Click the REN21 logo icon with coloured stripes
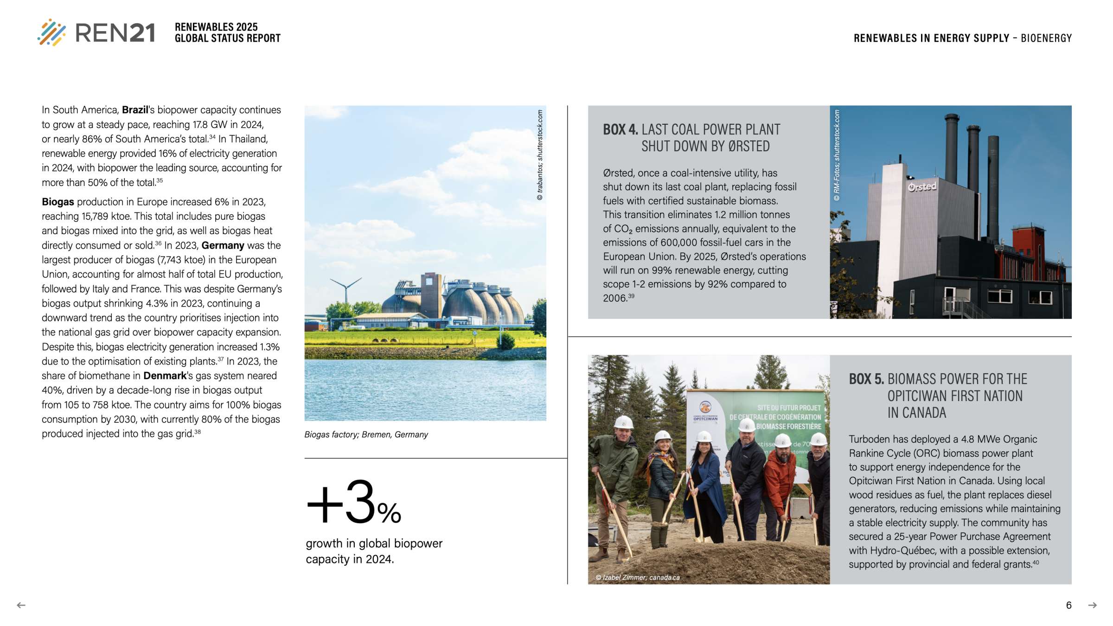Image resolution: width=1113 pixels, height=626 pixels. pos(51,32)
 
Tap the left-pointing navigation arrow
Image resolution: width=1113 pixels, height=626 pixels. pos(21,605)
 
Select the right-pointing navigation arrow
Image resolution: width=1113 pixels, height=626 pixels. pos(1093,605)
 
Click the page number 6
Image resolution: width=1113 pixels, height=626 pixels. pos(1068,605)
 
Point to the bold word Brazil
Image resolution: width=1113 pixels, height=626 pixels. pos(135,110)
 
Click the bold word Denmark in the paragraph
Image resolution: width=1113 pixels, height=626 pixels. pos(165,376)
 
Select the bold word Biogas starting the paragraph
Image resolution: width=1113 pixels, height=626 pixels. pos(58,202)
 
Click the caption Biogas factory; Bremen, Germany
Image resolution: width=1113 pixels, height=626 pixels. pos(366,434)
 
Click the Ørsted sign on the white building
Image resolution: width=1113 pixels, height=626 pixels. pos(922,187)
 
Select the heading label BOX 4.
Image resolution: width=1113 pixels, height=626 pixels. pos(620,129)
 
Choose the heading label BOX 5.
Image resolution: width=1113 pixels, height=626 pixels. pos(866,379)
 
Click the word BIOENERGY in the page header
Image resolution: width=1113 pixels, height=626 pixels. pos(1046,38)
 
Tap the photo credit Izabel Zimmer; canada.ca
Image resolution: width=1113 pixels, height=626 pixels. pos(638,577)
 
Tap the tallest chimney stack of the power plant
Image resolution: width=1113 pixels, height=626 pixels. pos(952,148)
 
